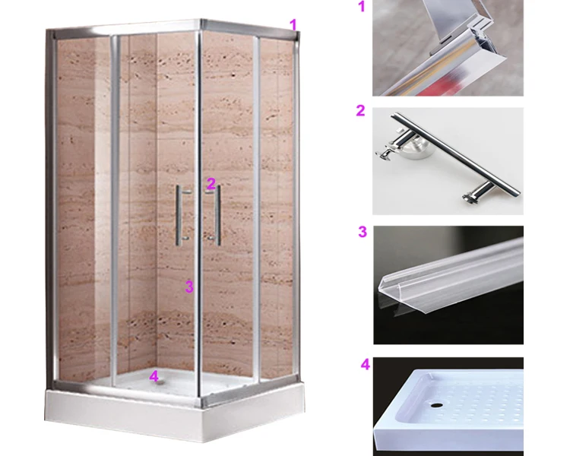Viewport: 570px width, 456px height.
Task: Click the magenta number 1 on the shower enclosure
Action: pyautogui.click(x=293, y=24)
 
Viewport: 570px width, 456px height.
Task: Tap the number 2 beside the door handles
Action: pyautogui.click(x=211, y=183)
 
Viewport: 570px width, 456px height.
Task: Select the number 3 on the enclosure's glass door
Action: pyautogui.click(x=189, y=287)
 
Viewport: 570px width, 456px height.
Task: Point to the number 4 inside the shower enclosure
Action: pyautogui.click(x=154, y=375)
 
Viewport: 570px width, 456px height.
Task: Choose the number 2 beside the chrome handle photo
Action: pyautogui.click(x=360, y=111)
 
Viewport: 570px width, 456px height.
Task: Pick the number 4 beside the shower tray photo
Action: pyautogui.click(x=365, y=365)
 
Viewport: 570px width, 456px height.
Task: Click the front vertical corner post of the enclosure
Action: pyautogui.click(x=199, y=228)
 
